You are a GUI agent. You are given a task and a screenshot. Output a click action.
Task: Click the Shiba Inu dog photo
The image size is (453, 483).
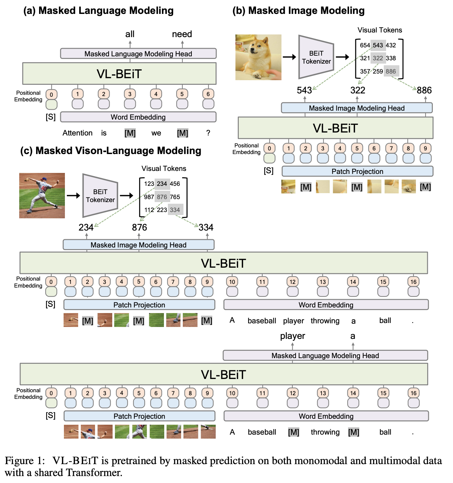(x=258, y=57)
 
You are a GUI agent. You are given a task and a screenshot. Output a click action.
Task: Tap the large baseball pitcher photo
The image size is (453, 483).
(x=42, y=195)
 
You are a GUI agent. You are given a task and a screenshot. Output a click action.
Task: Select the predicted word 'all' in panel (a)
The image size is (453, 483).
(x=130, y=34)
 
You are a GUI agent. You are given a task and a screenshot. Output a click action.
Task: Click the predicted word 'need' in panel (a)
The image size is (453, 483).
(x=182, y=34)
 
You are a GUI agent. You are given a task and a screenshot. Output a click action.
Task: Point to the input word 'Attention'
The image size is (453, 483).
(x=77, y=133)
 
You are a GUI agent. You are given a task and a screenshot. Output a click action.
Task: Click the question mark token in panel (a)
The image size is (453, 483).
(x=208, y=133)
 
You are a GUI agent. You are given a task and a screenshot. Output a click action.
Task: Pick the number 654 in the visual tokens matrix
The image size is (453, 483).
(x=365, y=45)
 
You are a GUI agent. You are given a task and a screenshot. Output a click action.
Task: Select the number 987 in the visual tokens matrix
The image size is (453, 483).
(x=149, y=197)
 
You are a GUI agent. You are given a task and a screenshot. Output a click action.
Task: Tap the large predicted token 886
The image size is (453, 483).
(x=424, y=90)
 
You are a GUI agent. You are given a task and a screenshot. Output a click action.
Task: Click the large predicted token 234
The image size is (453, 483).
(x=86, y=227)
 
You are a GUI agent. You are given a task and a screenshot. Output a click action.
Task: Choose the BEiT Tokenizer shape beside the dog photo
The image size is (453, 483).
(x=316, y=57)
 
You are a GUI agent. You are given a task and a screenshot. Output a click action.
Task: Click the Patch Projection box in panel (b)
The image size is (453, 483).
(x=357, y=172)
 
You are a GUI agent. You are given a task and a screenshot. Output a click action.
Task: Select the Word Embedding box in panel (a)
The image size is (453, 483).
(x=138, y=117)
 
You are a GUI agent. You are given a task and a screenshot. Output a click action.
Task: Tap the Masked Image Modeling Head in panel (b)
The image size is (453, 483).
(x=357, y=108)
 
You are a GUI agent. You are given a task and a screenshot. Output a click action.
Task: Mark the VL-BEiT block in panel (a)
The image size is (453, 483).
(x=120, y=74)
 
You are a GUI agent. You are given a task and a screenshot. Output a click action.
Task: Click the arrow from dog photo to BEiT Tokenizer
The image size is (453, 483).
(x=289, y=57)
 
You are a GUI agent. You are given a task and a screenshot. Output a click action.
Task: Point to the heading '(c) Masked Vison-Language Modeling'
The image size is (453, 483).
(x=111, y=151)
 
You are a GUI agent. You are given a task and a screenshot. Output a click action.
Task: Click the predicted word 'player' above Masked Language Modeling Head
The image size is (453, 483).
(x=292, y=336)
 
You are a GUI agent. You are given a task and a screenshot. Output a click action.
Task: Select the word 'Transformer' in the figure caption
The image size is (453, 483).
(x=94, y=473)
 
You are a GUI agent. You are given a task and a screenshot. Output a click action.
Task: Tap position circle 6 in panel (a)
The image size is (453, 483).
(x=208, y=94)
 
